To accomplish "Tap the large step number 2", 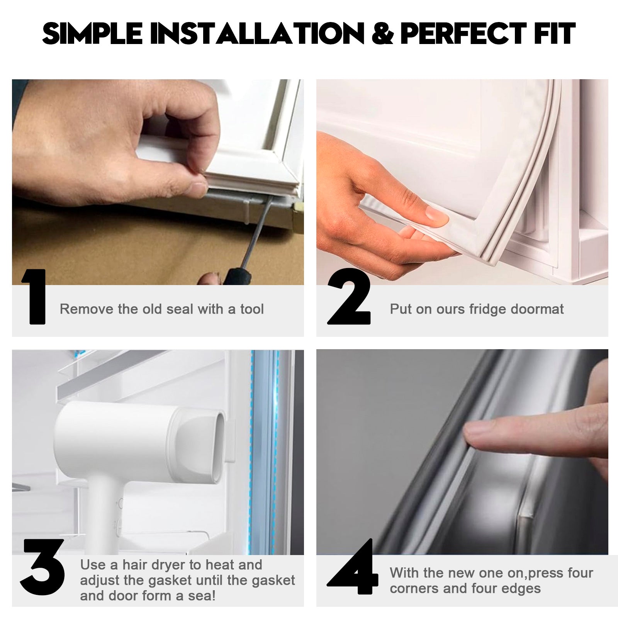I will pos(349,297).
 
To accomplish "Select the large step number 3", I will pos(42,567).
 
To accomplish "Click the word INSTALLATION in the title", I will pos(257,34).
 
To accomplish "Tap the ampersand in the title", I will pos(382,34).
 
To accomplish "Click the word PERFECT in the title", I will pos(463,34).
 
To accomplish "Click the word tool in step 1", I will pos(252,309).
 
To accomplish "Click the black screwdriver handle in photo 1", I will pos(238,275).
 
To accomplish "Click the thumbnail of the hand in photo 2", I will pos(436,214).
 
